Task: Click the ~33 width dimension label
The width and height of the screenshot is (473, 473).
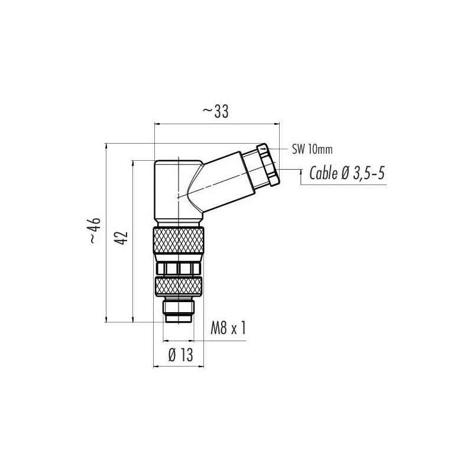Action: pyautogui.click(x=215, y=112)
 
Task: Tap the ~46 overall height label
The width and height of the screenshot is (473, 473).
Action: pyautogui.click(x=94, y=230)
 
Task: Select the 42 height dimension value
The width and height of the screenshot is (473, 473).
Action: pyautogui.click(x=122, y=238)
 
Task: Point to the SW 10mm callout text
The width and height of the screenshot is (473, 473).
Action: pyautogui.click(x=312, y=150)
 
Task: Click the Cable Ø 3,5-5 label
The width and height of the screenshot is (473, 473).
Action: pyautogui.click(x=347, y=173)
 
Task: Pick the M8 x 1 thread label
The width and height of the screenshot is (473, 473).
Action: pyautogui.click(x=228, y=328)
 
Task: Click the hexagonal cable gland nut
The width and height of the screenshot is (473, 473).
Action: pyautogui.click(x=268, y=164)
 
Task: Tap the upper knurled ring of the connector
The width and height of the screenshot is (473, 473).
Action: pyautogui.click(x=179, y=241)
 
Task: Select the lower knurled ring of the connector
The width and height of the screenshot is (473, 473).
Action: pyautogui.click(x=179, y=286)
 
